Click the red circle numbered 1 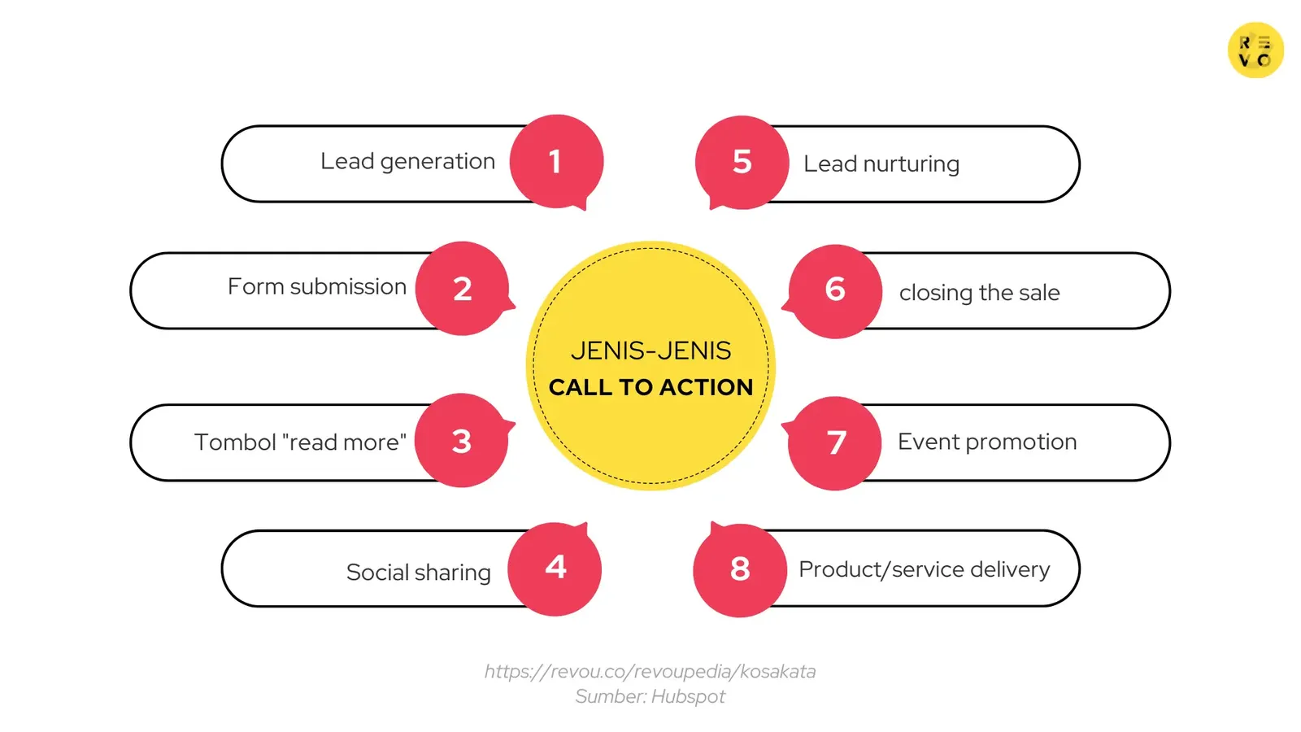click(556, 161)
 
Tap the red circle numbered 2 click(462, 289)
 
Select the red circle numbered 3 click(461, 441)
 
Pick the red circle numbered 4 click(555, 568)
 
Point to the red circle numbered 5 click(742, 162)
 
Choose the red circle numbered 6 click(835, 290)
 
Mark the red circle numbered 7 click(835, 443)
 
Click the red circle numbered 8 click(740, 569)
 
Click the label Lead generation click(407, 162)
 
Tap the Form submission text click(316, 287)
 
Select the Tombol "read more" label click(300, 442)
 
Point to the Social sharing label click(418, 573)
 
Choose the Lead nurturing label click(881, 164)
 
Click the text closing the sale click(979, 293)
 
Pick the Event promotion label click(987, 442)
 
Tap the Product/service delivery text click(924, 569)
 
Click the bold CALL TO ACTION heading click(650, 387)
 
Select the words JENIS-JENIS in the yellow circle click(650, 351)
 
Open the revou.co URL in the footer click(650, 672)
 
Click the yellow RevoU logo click(1255, 50)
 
